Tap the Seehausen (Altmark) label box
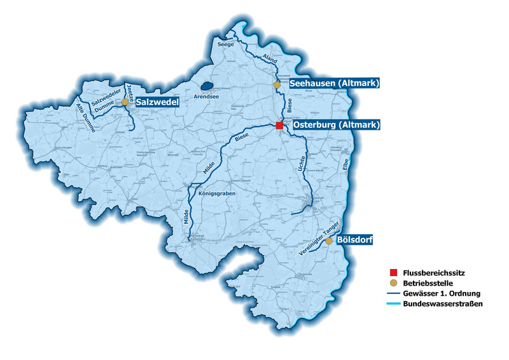(x=335, y=84)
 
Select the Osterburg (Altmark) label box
(x=336, y=125)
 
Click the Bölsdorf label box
(x=355, y=240)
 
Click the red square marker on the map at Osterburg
(x=279, y=126)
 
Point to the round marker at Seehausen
(x=277, y=85)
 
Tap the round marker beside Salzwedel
(x=125, y=102)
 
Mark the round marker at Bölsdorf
(x=328, y=241)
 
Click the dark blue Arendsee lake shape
(x=206, y=85)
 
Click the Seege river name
(x=226, y=45)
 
